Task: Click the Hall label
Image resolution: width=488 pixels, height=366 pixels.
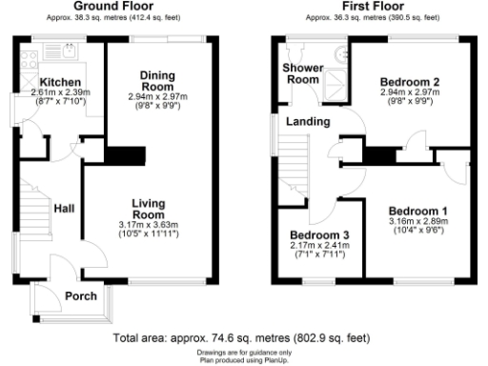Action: (66, 209)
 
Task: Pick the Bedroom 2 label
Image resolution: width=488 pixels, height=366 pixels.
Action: (408, 81)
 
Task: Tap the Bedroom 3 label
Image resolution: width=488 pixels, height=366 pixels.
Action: (319, 235)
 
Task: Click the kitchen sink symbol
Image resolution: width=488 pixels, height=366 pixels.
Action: (66, 50)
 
